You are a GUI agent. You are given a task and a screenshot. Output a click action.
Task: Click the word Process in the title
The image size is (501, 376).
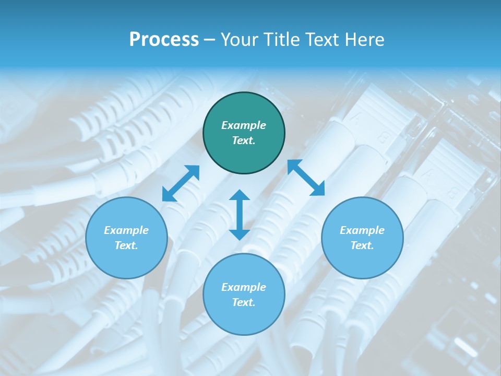point(164,40)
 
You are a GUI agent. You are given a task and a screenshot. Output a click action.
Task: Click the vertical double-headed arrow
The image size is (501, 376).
point(240,215)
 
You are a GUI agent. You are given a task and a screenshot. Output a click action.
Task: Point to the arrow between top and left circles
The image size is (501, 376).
point(181,183)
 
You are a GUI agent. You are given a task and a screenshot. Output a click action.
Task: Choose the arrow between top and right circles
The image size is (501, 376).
point(306,178)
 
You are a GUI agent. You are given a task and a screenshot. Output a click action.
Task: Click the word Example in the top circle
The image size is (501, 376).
point(244,125)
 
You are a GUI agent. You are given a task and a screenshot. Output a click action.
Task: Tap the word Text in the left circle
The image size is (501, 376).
point(126,245)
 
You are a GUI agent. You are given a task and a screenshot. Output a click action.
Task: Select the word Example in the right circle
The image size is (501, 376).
point(362,230)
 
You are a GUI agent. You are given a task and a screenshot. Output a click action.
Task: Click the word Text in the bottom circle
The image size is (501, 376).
point(244,302)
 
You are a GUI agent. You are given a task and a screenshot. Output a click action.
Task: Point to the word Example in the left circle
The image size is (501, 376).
point(126,230)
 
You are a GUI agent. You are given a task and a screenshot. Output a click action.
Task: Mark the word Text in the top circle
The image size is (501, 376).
point(244,140)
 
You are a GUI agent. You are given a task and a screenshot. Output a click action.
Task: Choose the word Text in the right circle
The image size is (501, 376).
point(362,245)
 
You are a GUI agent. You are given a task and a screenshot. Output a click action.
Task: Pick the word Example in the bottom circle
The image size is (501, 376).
point(244,287)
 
